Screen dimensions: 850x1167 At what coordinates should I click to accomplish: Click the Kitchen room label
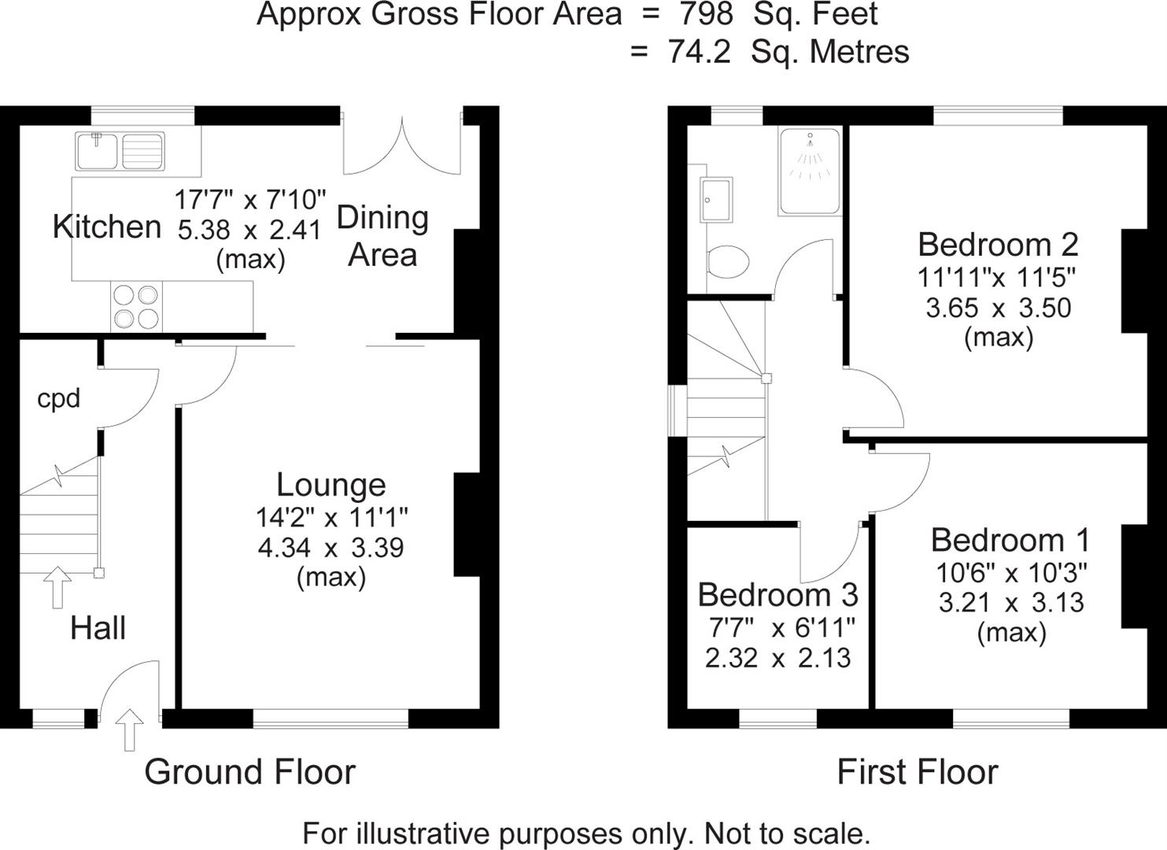coord(107,227)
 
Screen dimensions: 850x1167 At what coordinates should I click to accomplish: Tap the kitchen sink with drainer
coord(120,151)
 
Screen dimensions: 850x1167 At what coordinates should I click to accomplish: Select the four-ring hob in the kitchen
coord(136,306)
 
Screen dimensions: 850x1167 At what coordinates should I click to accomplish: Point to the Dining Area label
coord(382,236)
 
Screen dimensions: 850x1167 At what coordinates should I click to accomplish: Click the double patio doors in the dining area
coord(401,146)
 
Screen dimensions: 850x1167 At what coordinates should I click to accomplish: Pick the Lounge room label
coord(331,485)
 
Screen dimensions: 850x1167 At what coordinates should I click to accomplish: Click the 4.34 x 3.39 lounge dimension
coord(331,547)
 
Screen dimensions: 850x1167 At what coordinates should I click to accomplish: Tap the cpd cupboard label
coord(59,398)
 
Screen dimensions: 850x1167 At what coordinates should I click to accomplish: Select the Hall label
coord(98,628)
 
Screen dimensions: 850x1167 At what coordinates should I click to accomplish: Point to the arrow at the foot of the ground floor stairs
coord(57,587)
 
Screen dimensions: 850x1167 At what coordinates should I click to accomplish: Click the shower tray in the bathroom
coord(810,171)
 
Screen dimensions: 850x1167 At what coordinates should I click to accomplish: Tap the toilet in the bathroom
coord(727,261)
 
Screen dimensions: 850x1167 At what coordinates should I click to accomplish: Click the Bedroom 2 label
coord(998,245)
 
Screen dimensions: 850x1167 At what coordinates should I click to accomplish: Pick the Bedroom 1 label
coord(1010,540)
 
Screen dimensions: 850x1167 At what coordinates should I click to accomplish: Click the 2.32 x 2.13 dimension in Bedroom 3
coord(777,657)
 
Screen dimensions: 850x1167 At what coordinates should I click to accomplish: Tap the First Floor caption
coord(918,772)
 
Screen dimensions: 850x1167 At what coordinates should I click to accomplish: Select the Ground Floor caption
coord(250,772)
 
